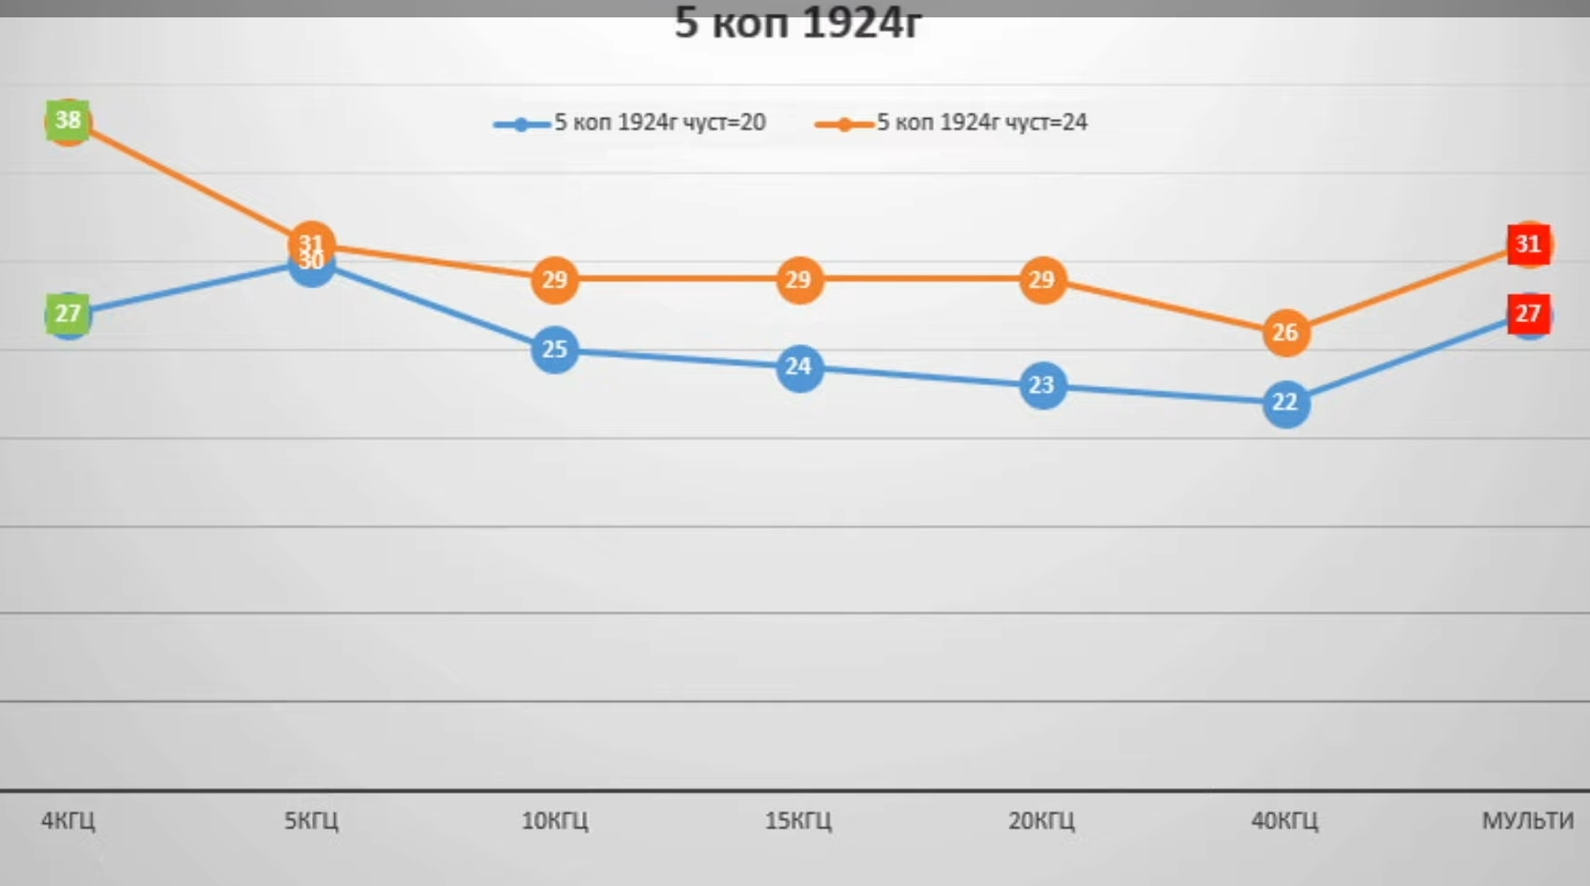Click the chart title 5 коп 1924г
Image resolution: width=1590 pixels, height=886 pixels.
[x=797, y=24]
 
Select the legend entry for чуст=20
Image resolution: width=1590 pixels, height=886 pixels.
[x=630, y=123]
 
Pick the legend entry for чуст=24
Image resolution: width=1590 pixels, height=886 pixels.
[x=952, y=123]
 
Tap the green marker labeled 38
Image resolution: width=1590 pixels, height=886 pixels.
[x=68, y=120]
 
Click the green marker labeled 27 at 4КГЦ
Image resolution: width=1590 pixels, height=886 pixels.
[x=68, y=314]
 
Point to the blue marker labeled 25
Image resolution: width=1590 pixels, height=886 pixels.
[x=555, y=350]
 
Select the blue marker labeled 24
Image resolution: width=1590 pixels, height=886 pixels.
[x=798, y=367]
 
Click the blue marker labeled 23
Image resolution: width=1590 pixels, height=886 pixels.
[x=1042, y=385]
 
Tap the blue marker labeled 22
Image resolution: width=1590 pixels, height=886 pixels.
[x=1285, y=403]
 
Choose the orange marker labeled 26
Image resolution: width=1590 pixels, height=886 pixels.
[x=1285, y=332]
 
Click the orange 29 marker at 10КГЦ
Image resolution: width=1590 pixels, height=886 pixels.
[x=555, y=279]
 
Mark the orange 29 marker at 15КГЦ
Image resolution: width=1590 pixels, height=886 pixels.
[x=798, y=279]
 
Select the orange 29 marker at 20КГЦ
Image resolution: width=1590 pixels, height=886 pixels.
[x=1042, y=279]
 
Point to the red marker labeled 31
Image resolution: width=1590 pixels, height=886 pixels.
[x=1528, y=244]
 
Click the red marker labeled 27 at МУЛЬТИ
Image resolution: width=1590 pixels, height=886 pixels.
[x=1528, y=314]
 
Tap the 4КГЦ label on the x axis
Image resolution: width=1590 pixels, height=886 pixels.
[x=68, y=820]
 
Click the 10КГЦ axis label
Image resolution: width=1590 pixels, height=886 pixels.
[x=555, y=820]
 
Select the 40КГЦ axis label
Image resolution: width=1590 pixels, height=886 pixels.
[x=1285, y=820]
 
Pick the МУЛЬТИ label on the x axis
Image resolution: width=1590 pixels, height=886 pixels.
[x=1528, y=820]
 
